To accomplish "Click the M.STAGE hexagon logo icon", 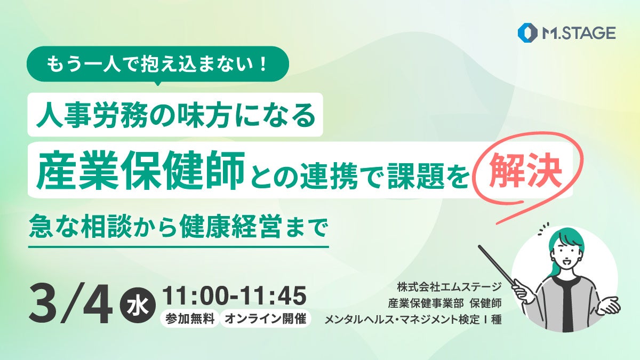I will point(526,33).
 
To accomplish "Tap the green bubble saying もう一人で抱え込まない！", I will point(157,66).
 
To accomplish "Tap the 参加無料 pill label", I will point(190,319).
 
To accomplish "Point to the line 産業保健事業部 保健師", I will point(445,304).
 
